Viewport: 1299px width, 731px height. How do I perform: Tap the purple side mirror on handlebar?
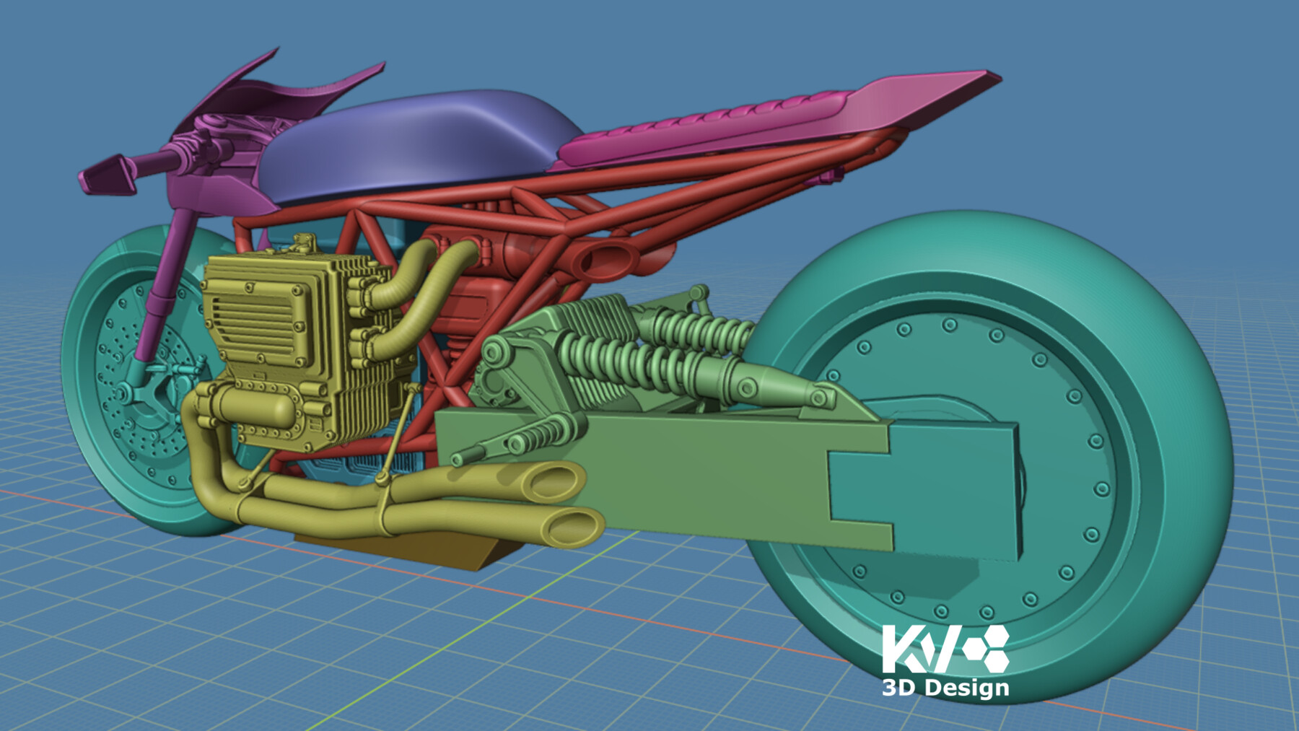[108, 173]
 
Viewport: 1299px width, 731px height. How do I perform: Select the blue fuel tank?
[426, 144]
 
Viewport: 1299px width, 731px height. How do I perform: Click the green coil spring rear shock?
[628, 361]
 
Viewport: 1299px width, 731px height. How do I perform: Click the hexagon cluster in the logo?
[986, 647]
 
